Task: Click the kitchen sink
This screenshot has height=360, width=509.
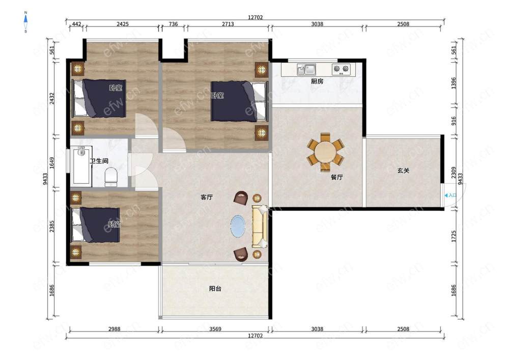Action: [x=306, y=69]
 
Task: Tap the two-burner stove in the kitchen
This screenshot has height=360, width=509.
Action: [x=342, y=69]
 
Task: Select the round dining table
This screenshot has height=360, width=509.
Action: [x=325, y=152]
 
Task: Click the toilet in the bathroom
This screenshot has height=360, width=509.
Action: [x=110, y=177]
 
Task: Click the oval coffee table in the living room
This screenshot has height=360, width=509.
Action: [x=238, y=226]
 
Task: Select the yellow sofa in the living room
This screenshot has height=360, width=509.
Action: [x=260, y=226]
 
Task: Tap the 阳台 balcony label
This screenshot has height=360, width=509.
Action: [x=215, y=289]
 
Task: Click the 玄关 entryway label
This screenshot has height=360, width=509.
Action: [x=404, y=171]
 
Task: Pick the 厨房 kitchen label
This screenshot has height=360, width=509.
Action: [x=317, y=81]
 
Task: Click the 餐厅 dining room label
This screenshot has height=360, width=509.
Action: [x=336, y=177]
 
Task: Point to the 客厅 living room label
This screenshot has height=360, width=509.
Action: [x=207, y=197]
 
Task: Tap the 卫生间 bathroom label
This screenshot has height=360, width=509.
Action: [x=99, y=161]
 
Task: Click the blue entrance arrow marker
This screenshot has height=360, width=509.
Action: [x=446, y=196]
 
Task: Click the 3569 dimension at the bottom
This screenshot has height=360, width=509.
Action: [x=215, y=329]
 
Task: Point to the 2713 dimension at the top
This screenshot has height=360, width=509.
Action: [x=228, y=24]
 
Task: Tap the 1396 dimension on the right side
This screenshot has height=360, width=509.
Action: [x=454, y=83]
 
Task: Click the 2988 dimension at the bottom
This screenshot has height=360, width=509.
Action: [x=114, y=329]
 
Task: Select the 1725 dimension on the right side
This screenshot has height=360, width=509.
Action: [x=454, y=236]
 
